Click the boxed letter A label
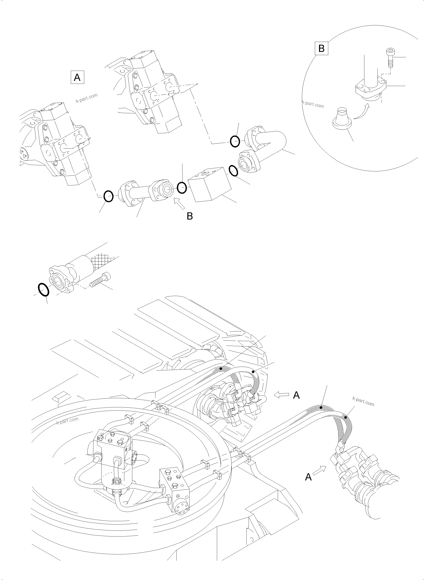point(77,77)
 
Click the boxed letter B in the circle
point(321,48)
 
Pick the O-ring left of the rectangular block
point(182,187)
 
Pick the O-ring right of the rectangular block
point(233,171)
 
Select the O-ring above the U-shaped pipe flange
point(235,141)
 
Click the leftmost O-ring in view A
point(108,196)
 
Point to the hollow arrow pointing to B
point(179,205)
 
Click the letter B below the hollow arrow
point(190,216)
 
